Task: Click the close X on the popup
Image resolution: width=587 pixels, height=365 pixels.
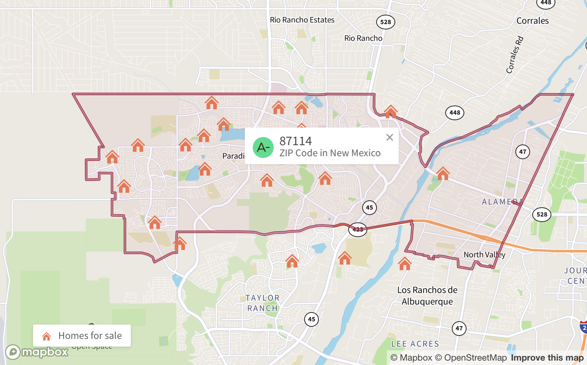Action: (390, 137)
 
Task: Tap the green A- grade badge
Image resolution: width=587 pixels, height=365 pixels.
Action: (263, 147)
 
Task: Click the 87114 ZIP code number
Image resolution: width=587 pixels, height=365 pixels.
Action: (295, 141)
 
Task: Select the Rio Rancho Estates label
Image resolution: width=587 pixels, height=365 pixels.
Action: (302, 20)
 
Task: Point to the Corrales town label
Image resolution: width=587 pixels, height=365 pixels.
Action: (532, 21)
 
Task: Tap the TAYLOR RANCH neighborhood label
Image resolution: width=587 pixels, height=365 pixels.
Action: (263, 303)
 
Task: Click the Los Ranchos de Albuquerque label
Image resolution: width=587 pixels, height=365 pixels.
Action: (427, 296)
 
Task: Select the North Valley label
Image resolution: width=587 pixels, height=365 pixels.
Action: (484, 254)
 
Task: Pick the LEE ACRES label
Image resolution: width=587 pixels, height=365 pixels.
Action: (415, 344)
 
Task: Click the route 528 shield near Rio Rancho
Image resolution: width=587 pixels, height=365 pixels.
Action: (385, 22)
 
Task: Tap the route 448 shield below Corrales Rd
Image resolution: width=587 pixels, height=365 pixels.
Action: (454, 113)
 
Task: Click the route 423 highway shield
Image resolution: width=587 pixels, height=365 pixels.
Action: (357, 229)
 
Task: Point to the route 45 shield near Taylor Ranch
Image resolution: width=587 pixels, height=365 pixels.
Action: (311, 319)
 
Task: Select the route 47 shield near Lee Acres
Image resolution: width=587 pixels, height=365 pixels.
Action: (459, 328)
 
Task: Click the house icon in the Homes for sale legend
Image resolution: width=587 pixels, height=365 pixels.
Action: (47, 336)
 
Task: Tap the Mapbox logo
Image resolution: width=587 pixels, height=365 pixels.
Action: (37, 352)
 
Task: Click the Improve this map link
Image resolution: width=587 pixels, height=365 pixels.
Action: (547, 358)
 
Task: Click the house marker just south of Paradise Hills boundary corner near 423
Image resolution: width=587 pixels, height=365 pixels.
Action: (345, 258)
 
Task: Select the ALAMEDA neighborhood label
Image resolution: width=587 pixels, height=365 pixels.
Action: (502, 202)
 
